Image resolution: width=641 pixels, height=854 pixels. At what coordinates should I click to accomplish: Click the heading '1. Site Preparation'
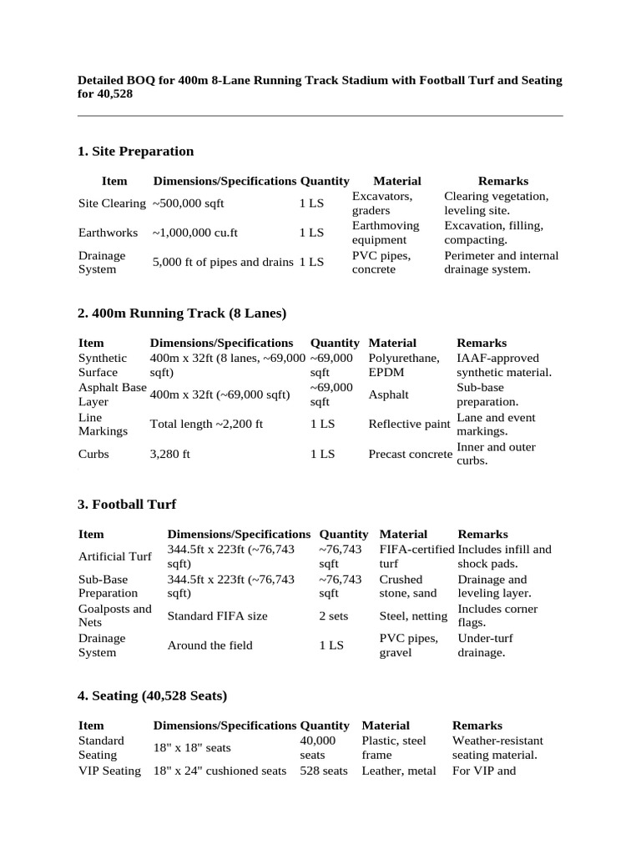(135, 151)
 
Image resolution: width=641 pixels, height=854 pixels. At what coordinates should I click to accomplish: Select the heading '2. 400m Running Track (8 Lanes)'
(181, 313)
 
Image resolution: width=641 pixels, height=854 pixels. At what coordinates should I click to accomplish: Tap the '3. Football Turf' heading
(127, 504)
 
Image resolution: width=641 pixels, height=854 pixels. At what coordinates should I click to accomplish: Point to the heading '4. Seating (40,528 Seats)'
(152, 695)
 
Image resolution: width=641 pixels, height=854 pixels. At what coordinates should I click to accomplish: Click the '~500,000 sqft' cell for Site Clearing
(188, 203)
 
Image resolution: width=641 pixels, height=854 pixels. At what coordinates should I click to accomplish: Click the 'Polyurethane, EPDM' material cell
(404, 365)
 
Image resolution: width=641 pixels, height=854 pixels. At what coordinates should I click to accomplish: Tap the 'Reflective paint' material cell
(409, 424)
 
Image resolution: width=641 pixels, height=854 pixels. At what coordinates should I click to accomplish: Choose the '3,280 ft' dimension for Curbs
(170, 454)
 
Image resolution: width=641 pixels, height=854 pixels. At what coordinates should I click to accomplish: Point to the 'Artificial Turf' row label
(114, 556)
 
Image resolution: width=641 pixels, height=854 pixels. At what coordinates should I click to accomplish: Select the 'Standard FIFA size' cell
(218, 615)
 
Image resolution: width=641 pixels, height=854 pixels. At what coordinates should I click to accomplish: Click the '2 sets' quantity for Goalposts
(333, 615)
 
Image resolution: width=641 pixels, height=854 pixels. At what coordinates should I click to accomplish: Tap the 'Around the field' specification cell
(209, 645)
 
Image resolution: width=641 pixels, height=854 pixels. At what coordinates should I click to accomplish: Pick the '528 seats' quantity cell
(324, 771)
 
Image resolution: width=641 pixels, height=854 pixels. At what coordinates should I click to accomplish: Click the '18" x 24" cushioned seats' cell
(220, 771)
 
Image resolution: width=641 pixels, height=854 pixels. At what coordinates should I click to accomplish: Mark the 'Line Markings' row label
(103, 424)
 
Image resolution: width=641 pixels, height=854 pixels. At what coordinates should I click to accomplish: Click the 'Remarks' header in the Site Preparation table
(502, 181)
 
